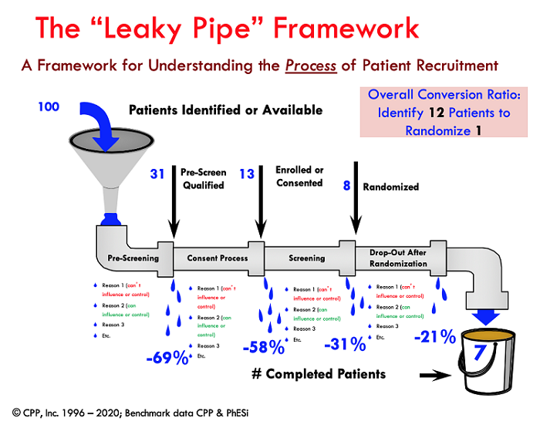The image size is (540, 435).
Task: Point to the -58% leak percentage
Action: pyautogui.click(x=263, y=346)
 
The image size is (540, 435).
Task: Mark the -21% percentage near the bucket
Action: pyautogui.click(x=434, y=337)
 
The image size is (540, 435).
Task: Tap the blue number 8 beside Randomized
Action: pyautogui.click(x=347, y=186)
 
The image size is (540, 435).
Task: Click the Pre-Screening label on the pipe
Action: pyautogui.click(x=133, y=258)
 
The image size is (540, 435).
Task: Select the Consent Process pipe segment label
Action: pyautogui.click(x=217, y=258)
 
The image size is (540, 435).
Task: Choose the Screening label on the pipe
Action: pyautogui.click(x=306, y=258)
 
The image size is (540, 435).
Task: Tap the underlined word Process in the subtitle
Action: pyautogui.click(x=310, y=65)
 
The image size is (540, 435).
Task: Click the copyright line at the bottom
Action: pyautogui.click(x=130, y=413)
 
